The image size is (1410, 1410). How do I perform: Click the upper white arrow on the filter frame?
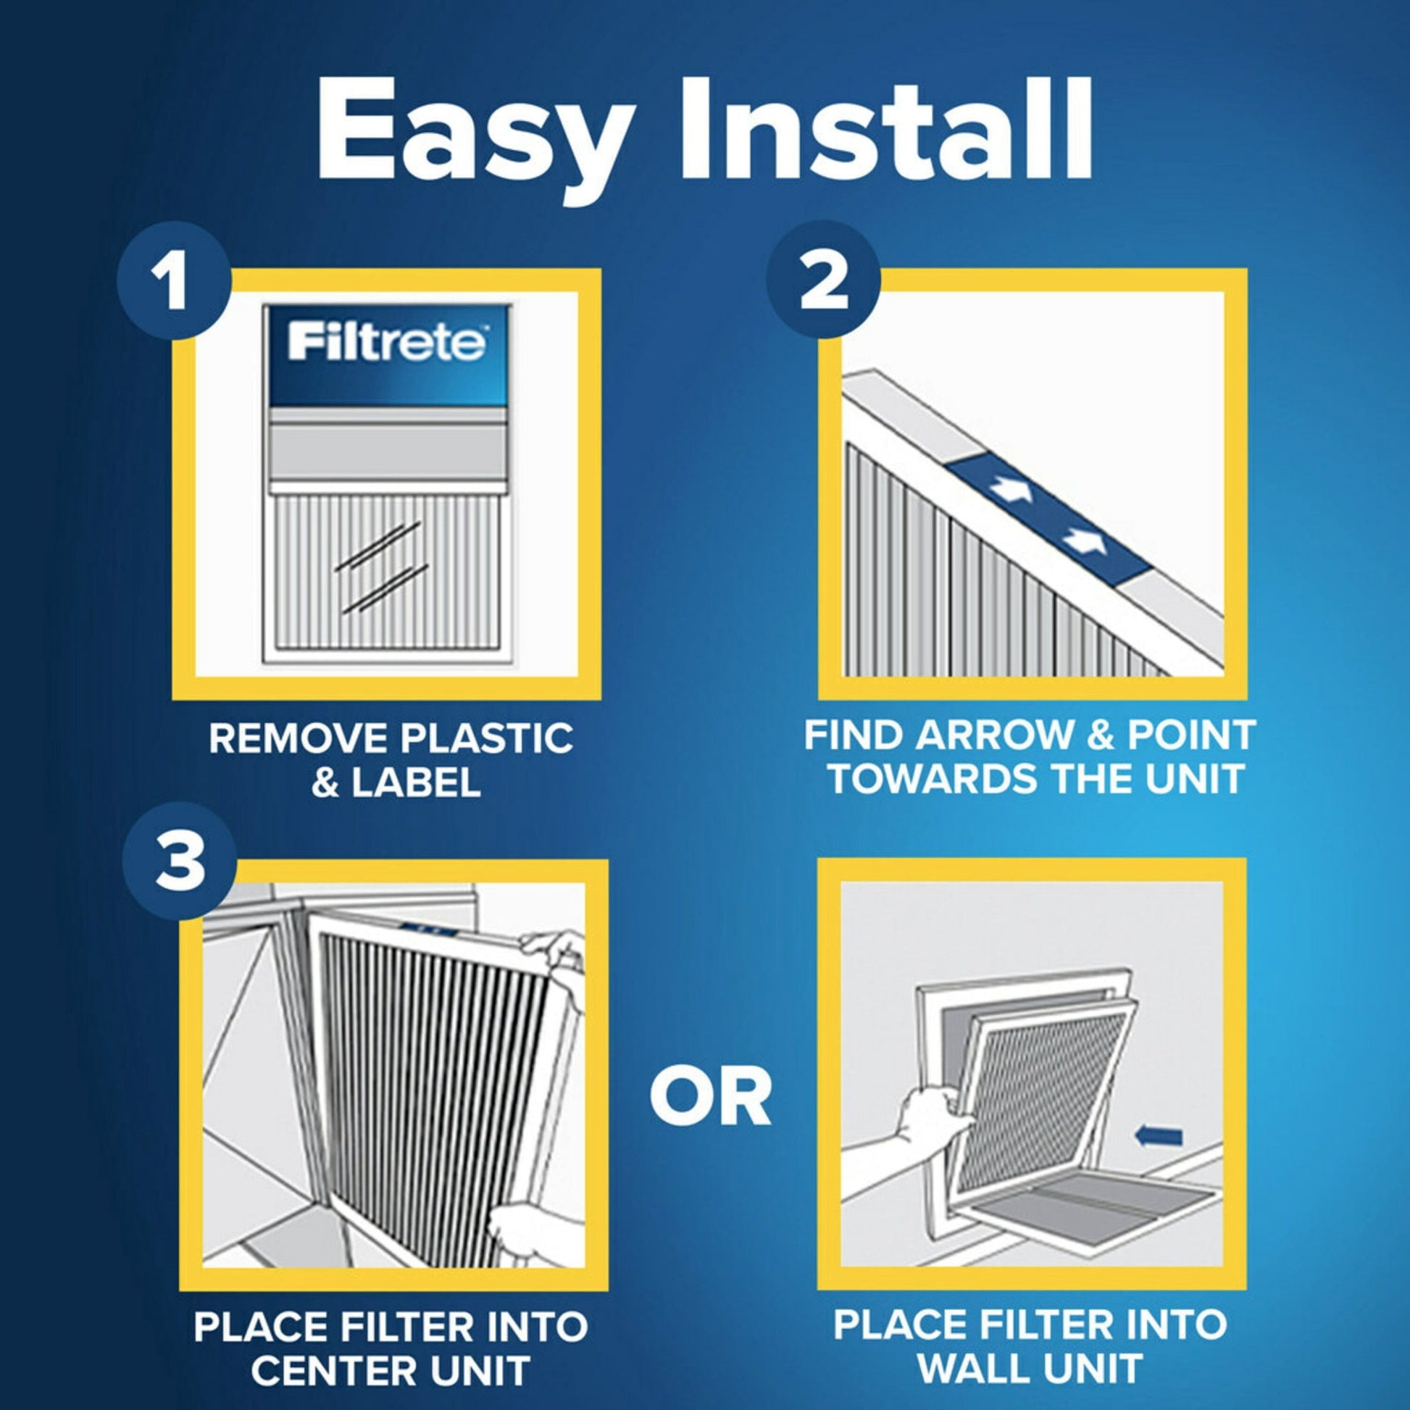[1010, 491]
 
